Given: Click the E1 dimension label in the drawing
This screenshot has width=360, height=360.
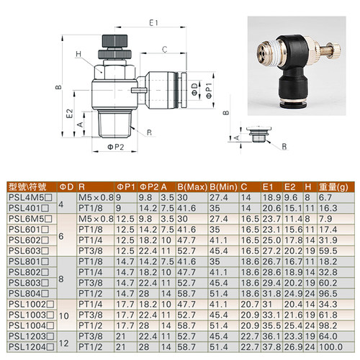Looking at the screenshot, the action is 153,23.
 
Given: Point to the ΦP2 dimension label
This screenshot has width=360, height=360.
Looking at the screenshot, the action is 115,147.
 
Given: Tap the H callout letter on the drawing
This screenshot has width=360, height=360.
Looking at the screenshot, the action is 78,54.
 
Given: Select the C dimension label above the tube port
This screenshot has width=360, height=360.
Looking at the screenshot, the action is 164,50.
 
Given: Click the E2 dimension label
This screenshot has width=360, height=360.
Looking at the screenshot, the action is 69,114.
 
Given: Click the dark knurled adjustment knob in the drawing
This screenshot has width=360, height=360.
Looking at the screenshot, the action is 114,41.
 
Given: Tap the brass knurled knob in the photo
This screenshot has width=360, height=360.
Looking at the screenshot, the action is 335,50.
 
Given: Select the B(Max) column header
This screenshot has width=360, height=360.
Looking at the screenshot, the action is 192,187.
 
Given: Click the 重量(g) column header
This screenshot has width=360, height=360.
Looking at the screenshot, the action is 333,187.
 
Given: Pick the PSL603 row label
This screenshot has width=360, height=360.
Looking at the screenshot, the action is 29,251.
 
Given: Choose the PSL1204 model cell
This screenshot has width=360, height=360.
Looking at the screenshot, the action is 31,347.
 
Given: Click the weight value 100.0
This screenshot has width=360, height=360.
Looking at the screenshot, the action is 330,347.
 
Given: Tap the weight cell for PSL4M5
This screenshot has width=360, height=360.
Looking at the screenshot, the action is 325,197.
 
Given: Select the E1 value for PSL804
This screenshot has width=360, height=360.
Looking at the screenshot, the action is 271,294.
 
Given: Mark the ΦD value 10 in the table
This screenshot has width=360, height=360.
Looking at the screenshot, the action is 64,315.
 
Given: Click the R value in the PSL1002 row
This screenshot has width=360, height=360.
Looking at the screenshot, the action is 91,305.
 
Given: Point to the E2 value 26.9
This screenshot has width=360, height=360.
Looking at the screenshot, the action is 293,347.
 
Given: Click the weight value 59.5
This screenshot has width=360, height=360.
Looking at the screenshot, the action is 328,251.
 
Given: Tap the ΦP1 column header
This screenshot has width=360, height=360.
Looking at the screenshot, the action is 126,187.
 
